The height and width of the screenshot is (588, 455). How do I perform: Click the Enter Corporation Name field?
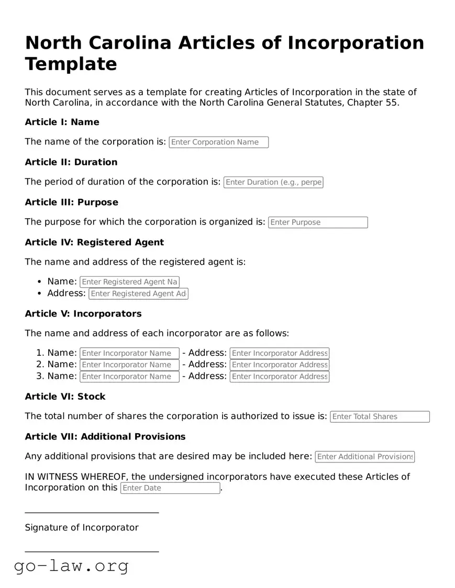coord(218,142)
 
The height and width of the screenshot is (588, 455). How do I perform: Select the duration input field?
coord(273,183)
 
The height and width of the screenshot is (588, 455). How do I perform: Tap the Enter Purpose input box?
coord(318,222)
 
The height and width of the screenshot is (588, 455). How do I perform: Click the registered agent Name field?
coord(129,282)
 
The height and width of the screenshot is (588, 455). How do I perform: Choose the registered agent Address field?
coord(138,294)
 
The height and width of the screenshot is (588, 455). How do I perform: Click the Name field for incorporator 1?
coord(129,354)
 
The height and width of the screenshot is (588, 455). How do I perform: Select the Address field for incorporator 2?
coord(279,365)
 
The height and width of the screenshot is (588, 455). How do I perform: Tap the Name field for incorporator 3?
coord(129,377)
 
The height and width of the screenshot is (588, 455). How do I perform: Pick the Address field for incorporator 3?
coord(279,377)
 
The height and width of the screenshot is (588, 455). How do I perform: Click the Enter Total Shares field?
coord(380,417)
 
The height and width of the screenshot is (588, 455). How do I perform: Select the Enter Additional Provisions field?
coord(364,457)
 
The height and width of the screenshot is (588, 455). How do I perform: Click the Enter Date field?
coord(170,488)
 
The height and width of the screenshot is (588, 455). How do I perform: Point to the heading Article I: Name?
coord(62,122)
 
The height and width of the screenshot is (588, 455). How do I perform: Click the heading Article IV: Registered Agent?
coord(94,243)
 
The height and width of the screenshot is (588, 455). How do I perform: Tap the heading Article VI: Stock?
coord(65,397)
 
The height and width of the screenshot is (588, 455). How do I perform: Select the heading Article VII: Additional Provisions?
coord(105,437)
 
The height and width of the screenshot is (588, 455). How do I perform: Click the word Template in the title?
coord(71,64)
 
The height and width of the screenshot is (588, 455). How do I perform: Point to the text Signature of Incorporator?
coord(82,528)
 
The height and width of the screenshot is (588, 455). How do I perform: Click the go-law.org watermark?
coord(71,566)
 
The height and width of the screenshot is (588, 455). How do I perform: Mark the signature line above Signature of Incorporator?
coord(92,513)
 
